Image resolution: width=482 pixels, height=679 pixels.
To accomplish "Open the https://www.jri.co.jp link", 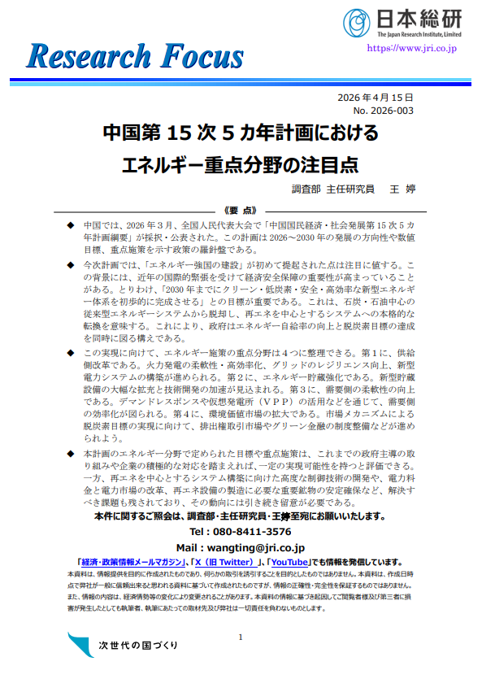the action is click(x=412, y=49).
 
